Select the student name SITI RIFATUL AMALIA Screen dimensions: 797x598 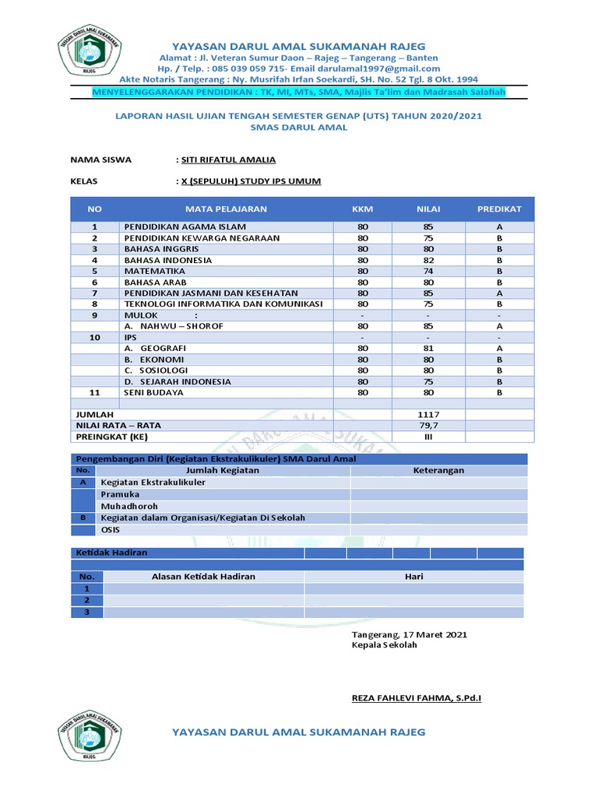tap(228, 160)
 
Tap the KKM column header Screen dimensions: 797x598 tap(363, 209)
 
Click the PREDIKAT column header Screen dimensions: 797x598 tap(499, 209)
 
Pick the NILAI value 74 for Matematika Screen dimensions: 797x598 tap(427, 271)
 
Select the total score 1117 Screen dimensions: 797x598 tap(427, 415)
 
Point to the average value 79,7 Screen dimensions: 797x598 tap(427, 426)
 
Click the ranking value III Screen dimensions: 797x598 tap(427, 437)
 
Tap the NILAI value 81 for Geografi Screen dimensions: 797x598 tap(427, 349)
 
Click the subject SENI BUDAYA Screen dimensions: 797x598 tap(154, 393)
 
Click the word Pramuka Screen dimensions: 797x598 tap(121, 494)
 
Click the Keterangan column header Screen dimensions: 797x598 tap(438, 471)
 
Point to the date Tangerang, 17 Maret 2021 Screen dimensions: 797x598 tap(410, 634)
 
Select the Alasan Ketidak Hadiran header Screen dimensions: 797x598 tap(203, 577)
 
